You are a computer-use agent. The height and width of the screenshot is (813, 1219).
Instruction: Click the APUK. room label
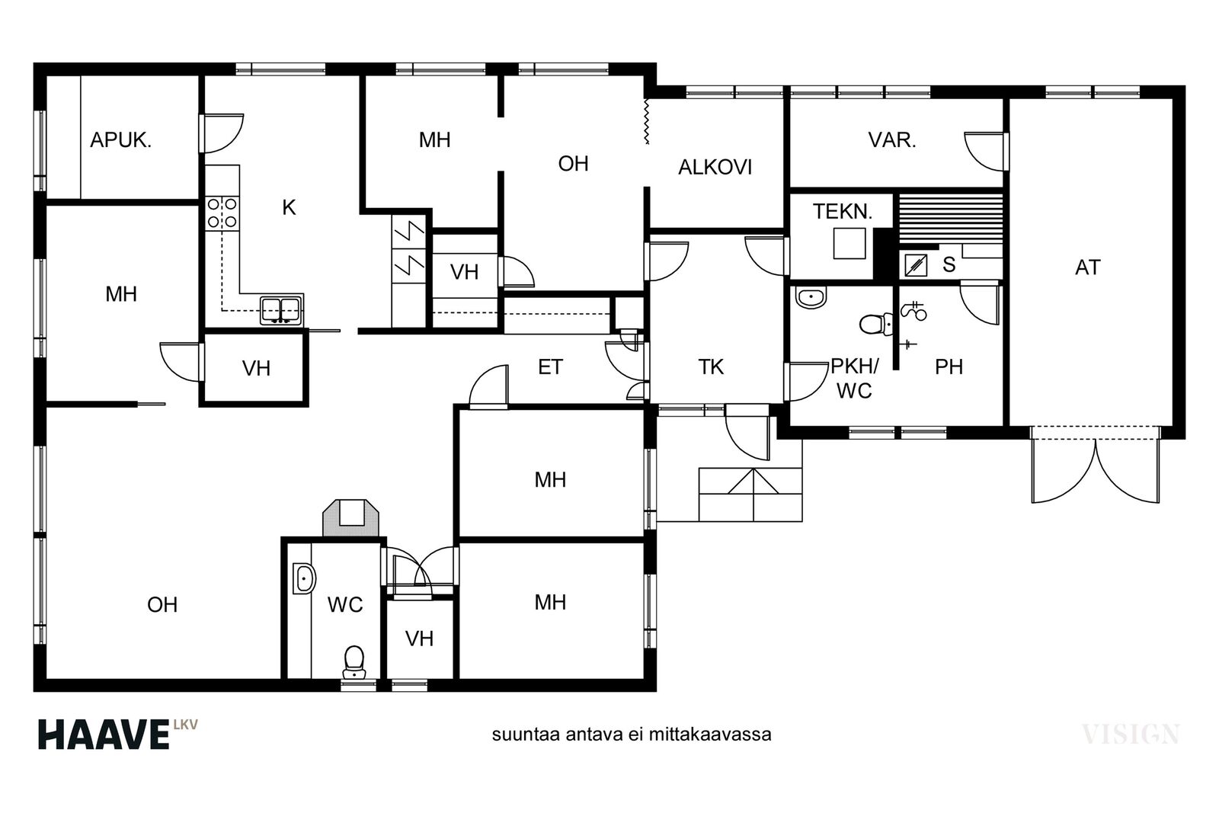click(x=120, y=140)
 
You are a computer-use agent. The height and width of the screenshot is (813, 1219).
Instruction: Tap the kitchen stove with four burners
click(x=222, y=213)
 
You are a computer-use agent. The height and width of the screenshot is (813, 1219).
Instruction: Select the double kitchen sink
click(x=281, y=310)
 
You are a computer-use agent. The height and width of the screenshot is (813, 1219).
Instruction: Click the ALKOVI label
click(x=715, y=168)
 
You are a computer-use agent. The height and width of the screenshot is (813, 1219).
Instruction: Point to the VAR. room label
click(x=892, y=140)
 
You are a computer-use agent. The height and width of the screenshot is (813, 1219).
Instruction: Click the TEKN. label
click(x=843, y=212)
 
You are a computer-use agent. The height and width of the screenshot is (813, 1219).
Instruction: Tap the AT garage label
click(x=1088, y=267)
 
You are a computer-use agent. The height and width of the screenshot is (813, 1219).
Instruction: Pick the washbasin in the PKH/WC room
click(x=811, y=297)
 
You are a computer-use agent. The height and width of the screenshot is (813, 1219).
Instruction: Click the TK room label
click(x=711, y=367)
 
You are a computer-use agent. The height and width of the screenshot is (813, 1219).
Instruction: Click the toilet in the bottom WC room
click(x=354, y=661)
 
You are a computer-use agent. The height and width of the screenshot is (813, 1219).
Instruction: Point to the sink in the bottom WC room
click(x=304, y=578)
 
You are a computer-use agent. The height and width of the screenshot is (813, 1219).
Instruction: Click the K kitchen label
click(x=289, y=207)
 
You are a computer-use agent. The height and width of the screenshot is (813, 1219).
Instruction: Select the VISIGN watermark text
click(x=1130, y=735)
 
